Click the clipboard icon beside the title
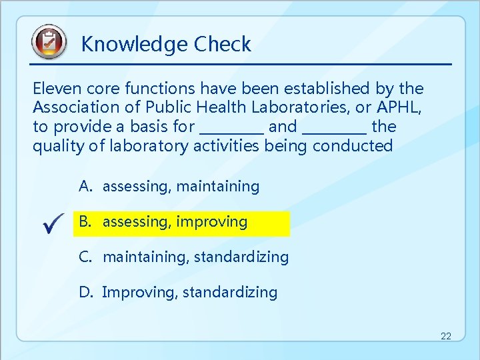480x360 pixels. pos(49,42)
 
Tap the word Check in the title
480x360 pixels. pos(223,45)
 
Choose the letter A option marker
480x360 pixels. pos(85,187)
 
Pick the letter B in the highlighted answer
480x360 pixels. pos(85,222)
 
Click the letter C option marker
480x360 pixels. pos(85,257)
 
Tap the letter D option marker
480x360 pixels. pos(85,292)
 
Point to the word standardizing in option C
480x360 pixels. pos(241,257)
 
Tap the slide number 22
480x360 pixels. pos(445,337)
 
